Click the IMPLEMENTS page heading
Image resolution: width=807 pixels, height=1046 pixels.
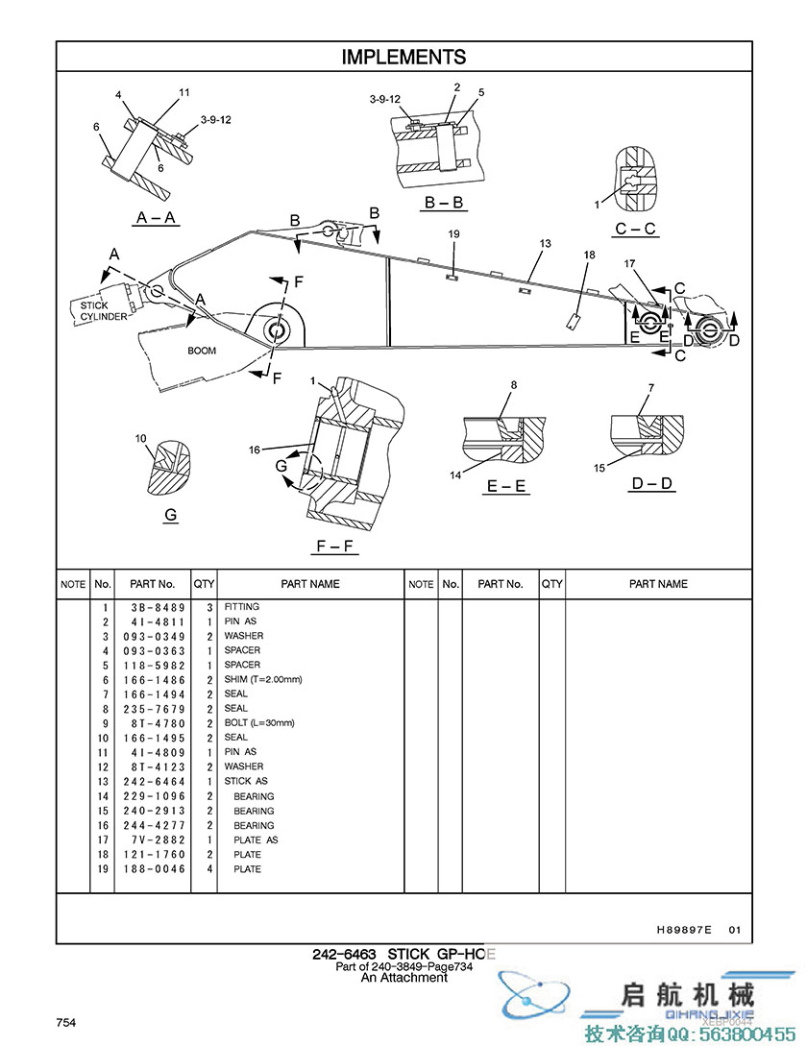point(403,58)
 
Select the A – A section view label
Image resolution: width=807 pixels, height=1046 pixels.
point(156,217)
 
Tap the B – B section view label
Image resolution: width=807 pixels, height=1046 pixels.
point(445,202)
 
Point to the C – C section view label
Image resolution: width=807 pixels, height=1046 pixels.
point(635,229)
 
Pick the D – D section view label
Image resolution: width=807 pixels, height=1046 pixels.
point(651,483)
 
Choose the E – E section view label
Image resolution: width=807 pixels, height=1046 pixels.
point(506,486)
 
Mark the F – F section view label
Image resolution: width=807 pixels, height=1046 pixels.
point(334,547)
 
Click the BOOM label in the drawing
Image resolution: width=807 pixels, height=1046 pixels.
point(202,351)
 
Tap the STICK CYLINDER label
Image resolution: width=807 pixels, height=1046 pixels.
point(104,311)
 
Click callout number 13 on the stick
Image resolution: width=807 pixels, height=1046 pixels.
point(546,243)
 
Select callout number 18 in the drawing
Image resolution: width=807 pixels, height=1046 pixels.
point(589,255)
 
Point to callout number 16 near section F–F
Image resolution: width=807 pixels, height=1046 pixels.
point(255,450)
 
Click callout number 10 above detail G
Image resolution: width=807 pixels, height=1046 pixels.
point(140,438)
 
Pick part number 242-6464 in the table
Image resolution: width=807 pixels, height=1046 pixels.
point(154,782)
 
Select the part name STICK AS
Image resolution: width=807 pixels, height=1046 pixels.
point(246,781)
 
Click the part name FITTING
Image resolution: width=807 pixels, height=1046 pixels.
point(242,606)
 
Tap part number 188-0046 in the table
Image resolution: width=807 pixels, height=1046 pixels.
point(154,869)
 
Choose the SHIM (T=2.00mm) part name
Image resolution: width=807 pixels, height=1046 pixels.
point(263,679)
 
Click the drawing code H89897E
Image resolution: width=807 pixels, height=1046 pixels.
point(684,929)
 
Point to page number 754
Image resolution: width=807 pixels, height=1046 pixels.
point(66,1023)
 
